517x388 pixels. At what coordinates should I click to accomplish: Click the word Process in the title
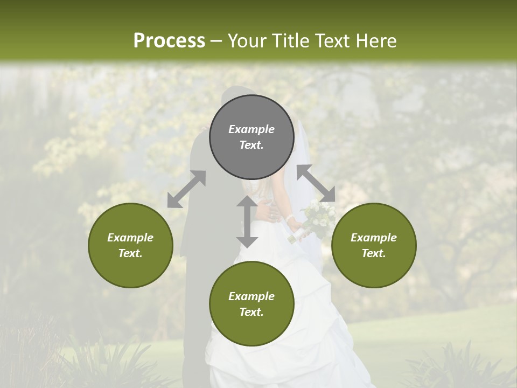click(169, 40)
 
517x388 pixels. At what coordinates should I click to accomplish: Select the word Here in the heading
click(376, 40)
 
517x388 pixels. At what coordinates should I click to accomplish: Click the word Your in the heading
click(246, 40)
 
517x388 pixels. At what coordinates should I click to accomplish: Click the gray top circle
click(251, 137)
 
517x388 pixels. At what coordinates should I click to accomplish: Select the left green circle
click(130, 245)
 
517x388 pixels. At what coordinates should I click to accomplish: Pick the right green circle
click(374, 245)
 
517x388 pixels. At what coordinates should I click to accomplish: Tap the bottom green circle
click(251, 304)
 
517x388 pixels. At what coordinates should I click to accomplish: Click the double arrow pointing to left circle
click(186, 189)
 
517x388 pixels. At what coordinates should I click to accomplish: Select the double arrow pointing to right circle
click(316, 183)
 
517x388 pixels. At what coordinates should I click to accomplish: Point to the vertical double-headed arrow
click(247, 221)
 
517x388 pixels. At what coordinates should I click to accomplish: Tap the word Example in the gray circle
click(251, 129)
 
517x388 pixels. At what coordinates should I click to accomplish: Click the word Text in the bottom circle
click(251, 312)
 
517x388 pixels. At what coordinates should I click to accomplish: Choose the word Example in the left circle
click(130, 238)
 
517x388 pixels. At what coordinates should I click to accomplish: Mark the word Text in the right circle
click(374, 253)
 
